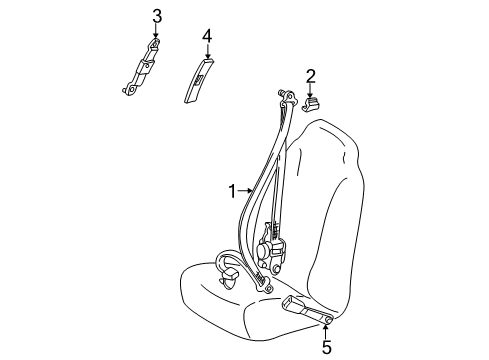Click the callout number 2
coord(310,75)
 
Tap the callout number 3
coord(156,14)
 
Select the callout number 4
coord(206,36)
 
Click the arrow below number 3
coord(156,32)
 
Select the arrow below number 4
coord(206,55)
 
